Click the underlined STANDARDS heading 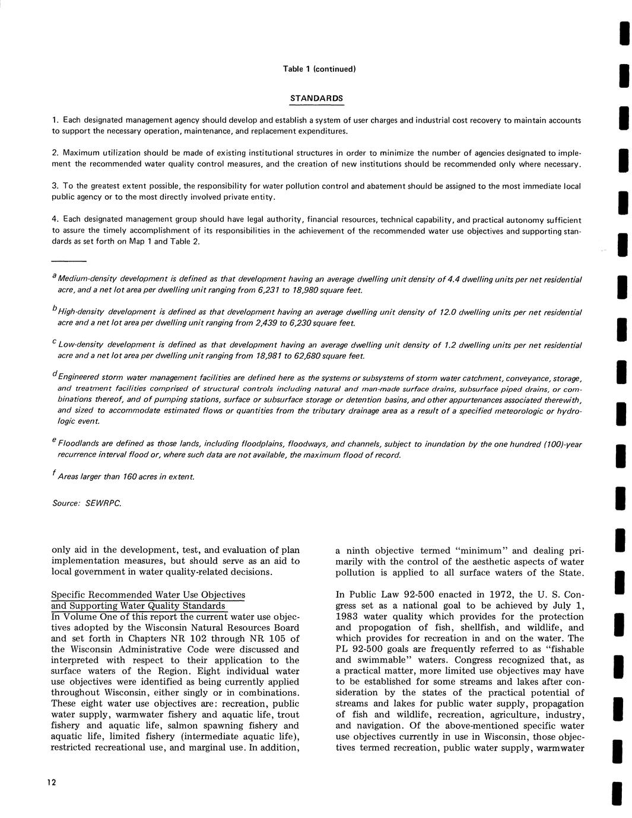[316, 98]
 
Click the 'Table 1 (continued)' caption [319, 69]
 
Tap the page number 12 [52, 782]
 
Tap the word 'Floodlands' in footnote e [78, 444]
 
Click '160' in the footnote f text [122, 477]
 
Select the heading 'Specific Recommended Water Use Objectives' [148, 595]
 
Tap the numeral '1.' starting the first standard [55, 120]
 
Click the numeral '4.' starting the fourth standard [55, 221]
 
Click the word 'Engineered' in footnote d [80, 378]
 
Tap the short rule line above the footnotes [69, 261]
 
